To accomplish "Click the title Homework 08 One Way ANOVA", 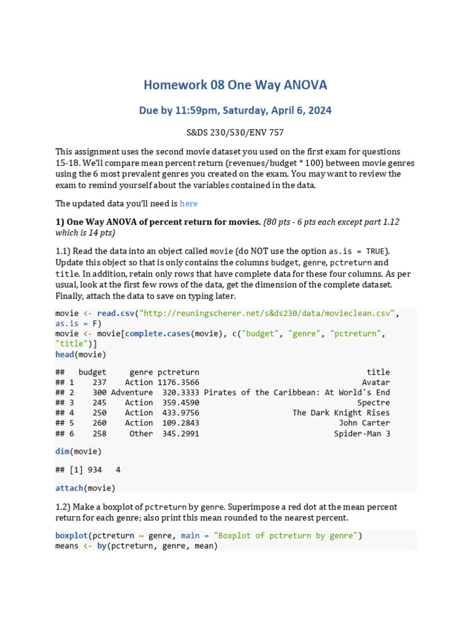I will (x=235, y=84).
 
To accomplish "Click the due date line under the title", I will (x=235, y=110).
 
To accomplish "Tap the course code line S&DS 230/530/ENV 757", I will (x=235, y=132).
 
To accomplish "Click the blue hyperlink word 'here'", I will (x=188, y=203).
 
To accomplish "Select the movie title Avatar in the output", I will (x=376, y=382).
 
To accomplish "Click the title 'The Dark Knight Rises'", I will (x=341, y=413).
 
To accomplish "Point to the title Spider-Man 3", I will (x=362, y=434).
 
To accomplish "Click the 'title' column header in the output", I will (x=378, y=372).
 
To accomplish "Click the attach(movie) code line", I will (x=85, y=488).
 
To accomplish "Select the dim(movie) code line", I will (x=78, y=451).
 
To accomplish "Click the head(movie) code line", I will (x=80, y=355).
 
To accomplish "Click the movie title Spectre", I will (x=373, y=403).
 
